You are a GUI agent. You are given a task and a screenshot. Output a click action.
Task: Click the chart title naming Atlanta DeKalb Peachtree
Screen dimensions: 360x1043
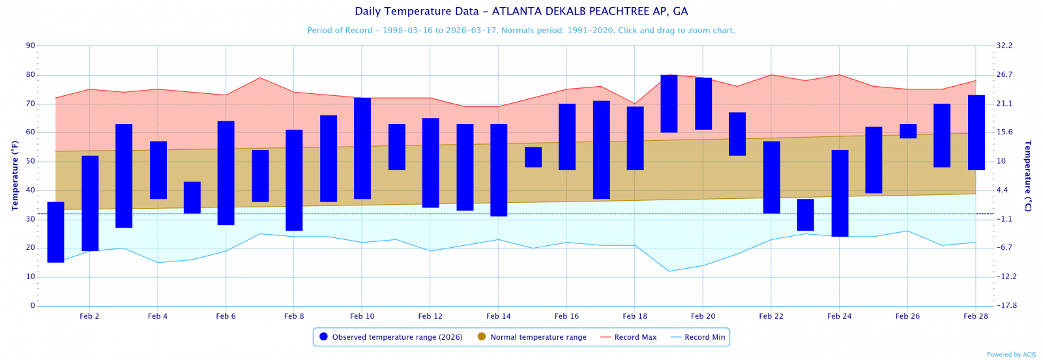521,12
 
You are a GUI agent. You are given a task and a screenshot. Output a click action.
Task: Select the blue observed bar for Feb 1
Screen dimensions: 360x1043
56,232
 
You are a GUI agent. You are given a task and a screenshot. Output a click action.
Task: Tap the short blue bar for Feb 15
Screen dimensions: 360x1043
533,157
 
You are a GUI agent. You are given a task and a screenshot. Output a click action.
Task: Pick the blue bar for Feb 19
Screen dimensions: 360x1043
669,104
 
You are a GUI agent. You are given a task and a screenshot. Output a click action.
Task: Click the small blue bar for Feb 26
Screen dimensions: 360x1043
908,131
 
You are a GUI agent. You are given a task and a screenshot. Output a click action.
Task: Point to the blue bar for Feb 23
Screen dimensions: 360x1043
806,215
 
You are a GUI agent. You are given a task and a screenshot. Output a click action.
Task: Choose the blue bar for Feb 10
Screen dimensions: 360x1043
362,148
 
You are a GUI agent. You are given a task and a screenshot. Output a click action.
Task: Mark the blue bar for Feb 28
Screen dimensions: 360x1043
976,132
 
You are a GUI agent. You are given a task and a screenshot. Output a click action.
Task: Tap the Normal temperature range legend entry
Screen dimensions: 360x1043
538,337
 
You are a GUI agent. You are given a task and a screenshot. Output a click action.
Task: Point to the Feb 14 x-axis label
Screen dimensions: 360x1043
499,316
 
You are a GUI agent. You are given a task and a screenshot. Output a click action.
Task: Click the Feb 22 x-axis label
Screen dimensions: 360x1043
771,316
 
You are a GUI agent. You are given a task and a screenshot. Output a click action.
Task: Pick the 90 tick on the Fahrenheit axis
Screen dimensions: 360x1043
31,46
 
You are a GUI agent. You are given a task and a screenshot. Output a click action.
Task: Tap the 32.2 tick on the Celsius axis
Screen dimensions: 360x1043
1005,46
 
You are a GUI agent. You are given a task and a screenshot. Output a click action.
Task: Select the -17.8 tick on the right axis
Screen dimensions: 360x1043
1005,306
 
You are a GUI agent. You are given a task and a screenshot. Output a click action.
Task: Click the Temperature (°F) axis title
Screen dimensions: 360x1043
14,175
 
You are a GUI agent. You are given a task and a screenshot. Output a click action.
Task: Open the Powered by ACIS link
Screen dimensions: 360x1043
1011,355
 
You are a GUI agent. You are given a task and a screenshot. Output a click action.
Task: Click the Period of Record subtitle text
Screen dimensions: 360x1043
521,31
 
